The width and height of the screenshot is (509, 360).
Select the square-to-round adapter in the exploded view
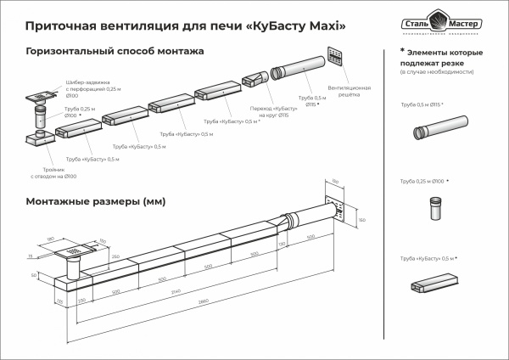click(x=257, y=79)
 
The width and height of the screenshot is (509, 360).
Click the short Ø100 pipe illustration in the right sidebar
click(x=434, y=208)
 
